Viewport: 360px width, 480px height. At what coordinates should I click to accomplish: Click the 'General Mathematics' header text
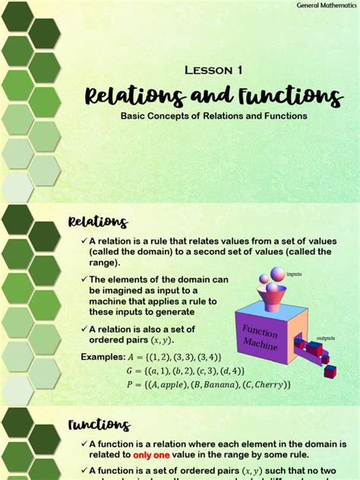coord(326,6)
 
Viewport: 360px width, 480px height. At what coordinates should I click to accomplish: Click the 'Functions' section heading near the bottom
coord(99,425)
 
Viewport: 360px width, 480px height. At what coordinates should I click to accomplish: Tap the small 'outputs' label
coord(326,338)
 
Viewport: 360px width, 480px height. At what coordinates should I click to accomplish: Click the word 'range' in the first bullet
coord(103,262)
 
